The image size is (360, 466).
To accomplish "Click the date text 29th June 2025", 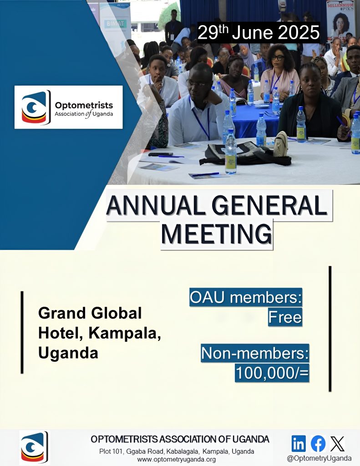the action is [259, 32].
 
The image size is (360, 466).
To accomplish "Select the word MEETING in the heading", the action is [217, 233].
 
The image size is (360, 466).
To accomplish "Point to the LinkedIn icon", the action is [299, 444].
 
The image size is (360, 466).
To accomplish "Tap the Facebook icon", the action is [318, 444].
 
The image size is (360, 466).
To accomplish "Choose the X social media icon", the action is [337, 444].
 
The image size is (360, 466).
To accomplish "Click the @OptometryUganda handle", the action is [319, 458].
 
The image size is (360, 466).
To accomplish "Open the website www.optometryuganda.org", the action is [176, 460].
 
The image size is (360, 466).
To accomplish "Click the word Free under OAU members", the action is [285, 317].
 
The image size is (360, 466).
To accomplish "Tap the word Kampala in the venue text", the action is [125, 334].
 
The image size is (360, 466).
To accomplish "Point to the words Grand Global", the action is [90, 313].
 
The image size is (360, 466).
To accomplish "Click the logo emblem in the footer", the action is [34, 447].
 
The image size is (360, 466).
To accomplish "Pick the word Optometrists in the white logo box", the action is [84, 106].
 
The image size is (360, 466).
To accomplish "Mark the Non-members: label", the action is [255, 353].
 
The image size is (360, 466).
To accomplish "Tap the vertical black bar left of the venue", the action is [22, 332].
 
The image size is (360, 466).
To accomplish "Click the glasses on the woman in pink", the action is [277, 58].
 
